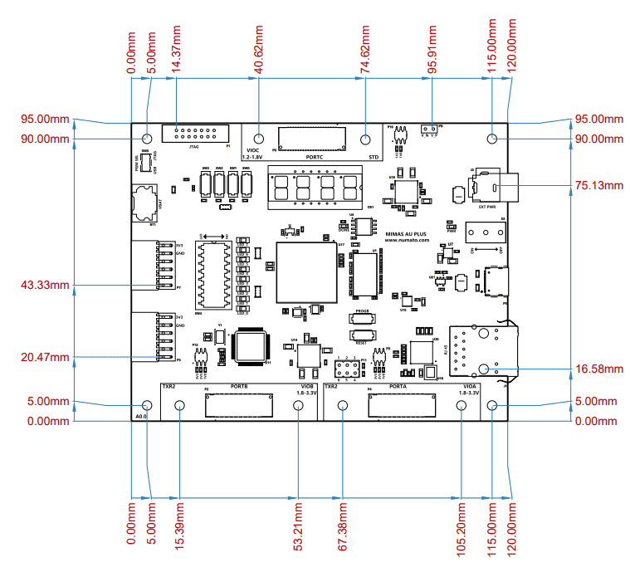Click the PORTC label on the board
pos(314,156)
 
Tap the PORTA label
pos(397,386)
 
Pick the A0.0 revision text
pos(140,413)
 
